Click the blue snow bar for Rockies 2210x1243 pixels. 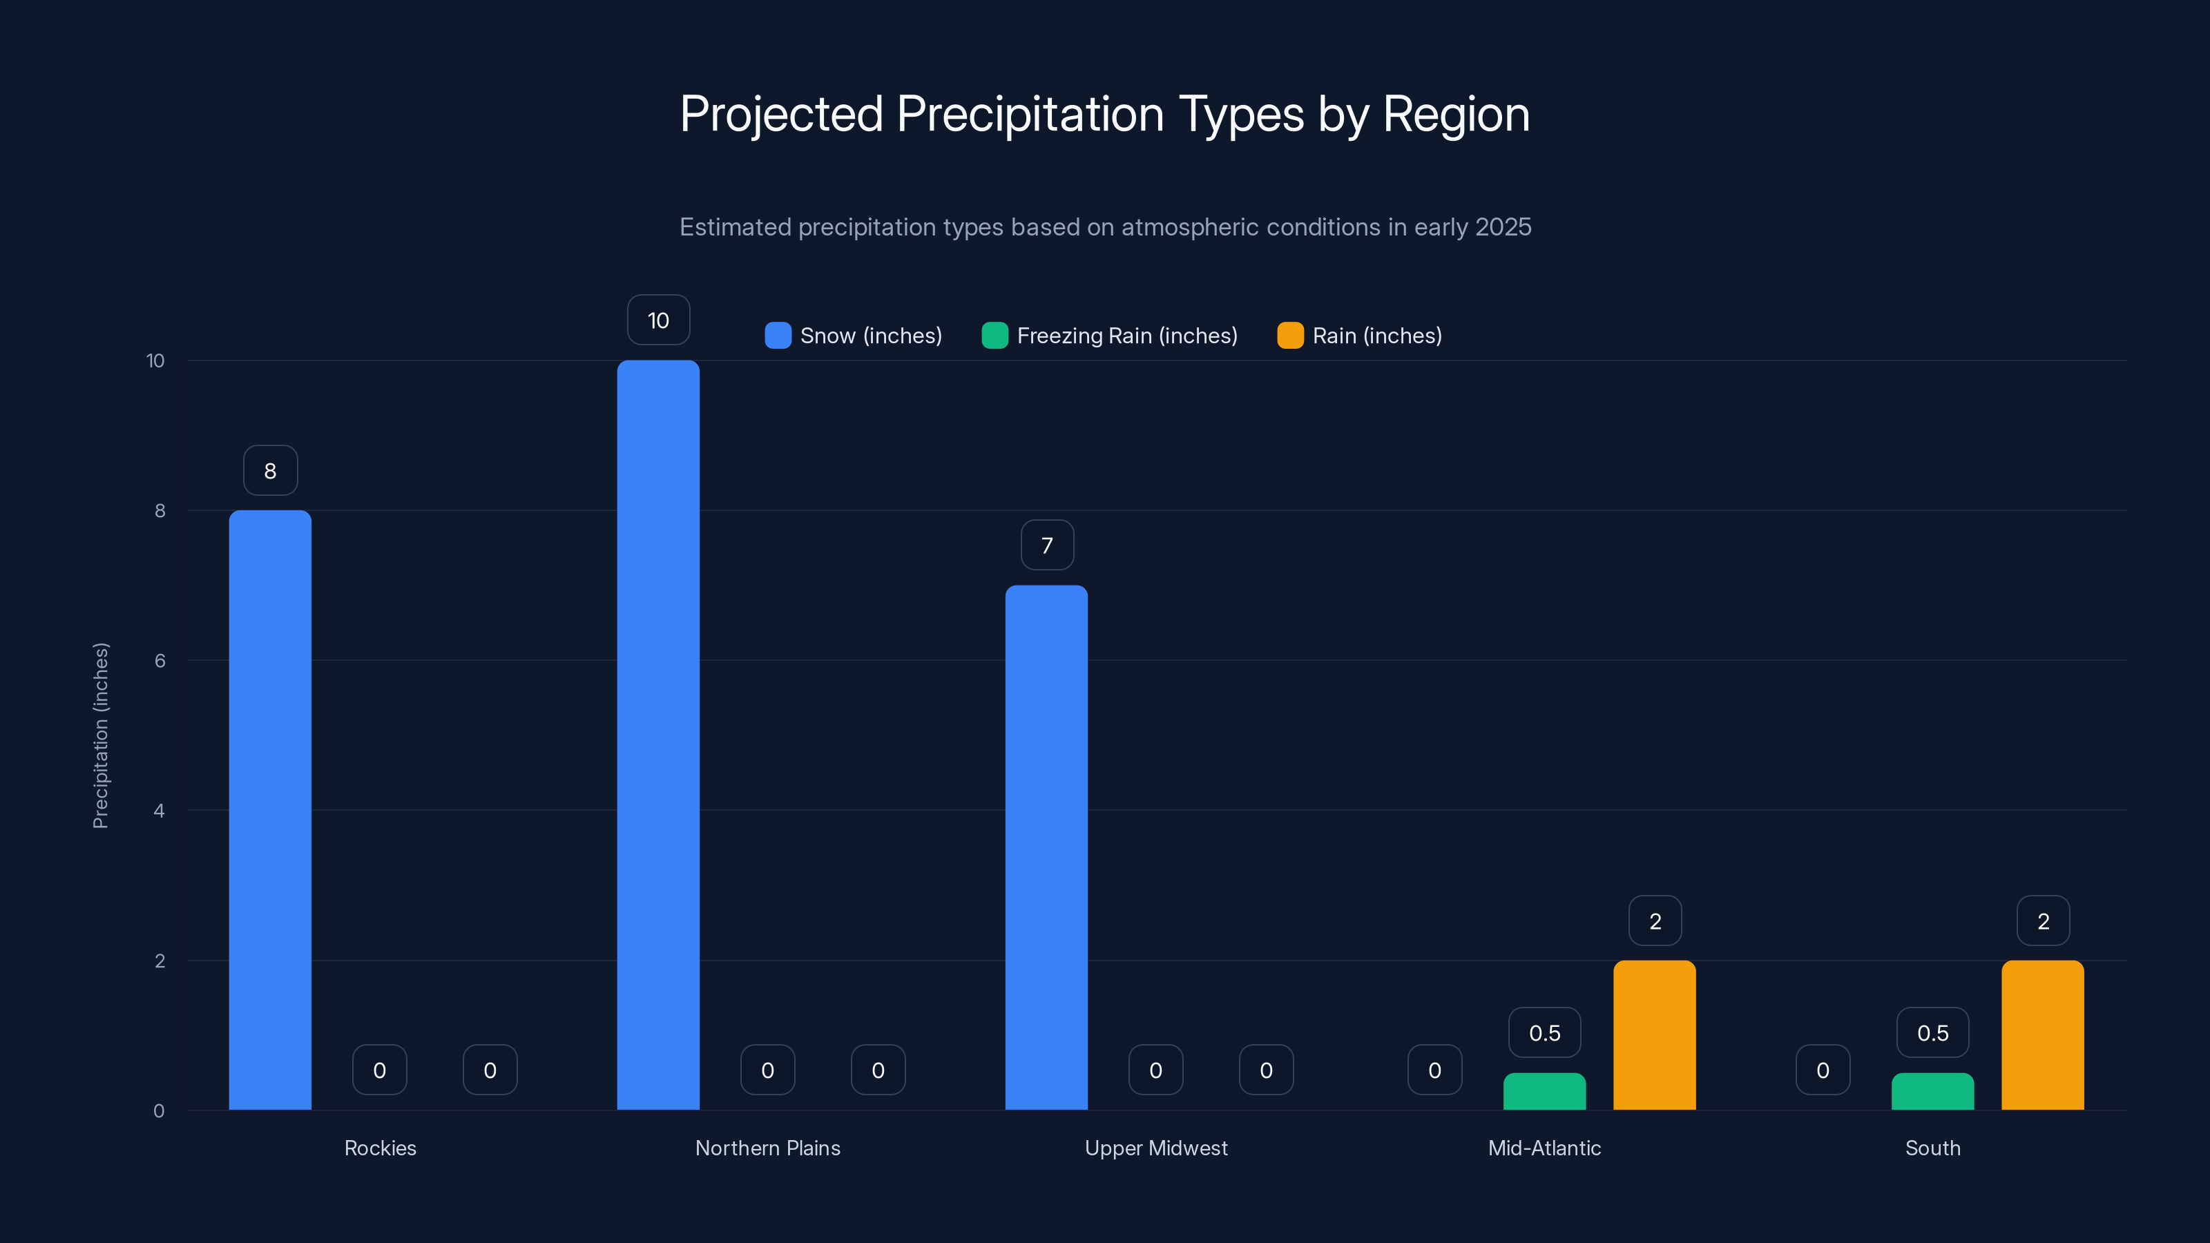(x=269, y=810)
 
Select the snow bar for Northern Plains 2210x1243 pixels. (x=658, y=735)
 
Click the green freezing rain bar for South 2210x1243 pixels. (x=1932, y=1091)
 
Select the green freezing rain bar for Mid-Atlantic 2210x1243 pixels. (x=1544, y=1091)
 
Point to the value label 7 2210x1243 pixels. (x=1047, y=546)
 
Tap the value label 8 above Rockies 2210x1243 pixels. (x=270, y=470)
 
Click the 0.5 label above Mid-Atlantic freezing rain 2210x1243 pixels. (x=1544, y=1033)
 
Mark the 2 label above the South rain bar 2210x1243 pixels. (x=2043, y=921)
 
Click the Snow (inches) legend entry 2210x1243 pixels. (x=854, y=336)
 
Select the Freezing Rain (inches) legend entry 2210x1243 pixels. (x=1109, y=336)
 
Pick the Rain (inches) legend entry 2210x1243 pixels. (x=1360, y=336)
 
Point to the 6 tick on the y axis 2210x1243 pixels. (x=160, y=661)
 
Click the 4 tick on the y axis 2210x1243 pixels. (x=160, y=811)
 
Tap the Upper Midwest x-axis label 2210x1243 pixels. (x=1155, y=1148)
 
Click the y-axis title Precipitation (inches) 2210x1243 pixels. (x=100, y=735)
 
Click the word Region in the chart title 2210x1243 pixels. (x=1456, y=114)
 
